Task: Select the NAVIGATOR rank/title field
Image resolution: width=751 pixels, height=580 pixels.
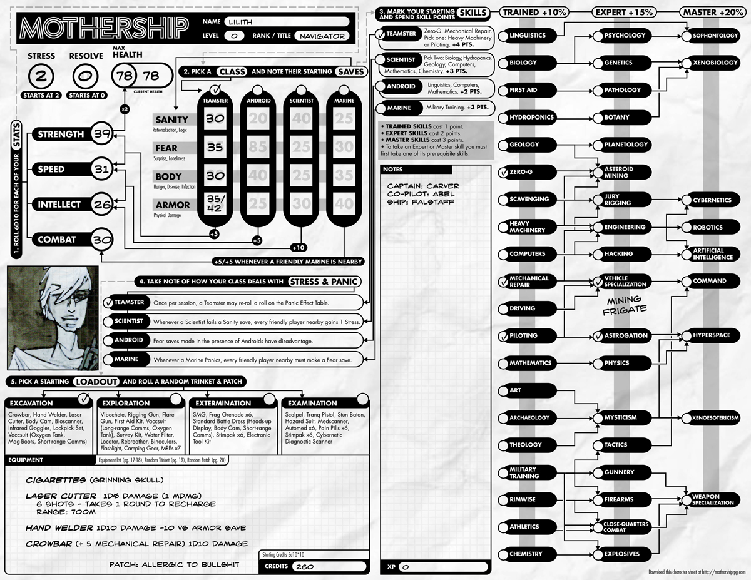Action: [x=322, y=36]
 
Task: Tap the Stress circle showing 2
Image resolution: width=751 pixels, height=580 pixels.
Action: [x=41, y=77]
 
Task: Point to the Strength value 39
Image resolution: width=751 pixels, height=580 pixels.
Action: [x=101, y=134]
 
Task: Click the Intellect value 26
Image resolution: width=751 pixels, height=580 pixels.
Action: [x=101, y=204]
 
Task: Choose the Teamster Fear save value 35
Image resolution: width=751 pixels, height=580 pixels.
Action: [x=215, y=148]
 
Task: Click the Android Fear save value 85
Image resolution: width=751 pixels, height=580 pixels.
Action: [x=258, y=148]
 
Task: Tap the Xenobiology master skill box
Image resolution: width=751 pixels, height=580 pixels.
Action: [x=715, y=63]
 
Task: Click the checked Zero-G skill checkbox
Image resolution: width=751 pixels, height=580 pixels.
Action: [x=503, y=172]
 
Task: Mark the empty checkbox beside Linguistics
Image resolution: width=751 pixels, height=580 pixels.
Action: [x=503, y=36]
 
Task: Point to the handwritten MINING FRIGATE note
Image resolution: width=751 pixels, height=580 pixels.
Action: [x=625, y=304]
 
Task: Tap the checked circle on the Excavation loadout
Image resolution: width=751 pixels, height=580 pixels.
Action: [x=82, y=399]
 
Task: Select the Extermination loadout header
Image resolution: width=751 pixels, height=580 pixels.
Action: [x=220, y=403]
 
